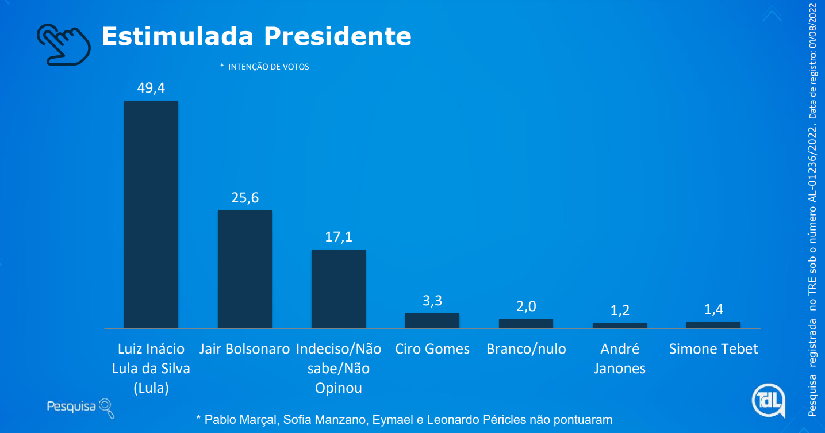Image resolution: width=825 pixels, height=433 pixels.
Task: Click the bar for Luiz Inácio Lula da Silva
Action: (x=151, y=214)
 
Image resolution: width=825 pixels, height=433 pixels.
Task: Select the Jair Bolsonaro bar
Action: (x=245, y=269)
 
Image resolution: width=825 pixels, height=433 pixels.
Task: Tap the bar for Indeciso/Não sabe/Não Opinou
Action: (x=339, y=289)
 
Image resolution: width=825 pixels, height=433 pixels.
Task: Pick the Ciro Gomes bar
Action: (x=432, y=321)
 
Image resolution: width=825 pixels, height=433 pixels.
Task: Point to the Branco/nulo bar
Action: (x=526, y=324)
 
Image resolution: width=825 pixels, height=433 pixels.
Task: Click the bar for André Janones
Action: (x=620, y=325)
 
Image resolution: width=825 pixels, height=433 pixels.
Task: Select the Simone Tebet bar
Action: (x=713, y=325)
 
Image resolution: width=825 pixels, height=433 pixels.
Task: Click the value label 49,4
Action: (x=151, y=88)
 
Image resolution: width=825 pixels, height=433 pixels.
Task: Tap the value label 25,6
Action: (x=245, y=198)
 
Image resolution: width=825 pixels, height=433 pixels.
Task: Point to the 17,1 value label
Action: (x=339, y=236)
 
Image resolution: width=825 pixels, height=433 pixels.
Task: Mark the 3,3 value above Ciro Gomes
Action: (x=432, y=301)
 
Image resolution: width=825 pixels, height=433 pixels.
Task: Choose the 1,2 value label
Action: (x=620, y=311)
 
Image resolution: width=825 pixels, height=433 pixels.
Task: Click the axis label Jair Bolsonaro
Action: (x=245, y=349)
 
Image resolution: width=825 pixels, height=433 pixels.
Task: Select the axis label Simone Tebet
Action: (x=713, y=349)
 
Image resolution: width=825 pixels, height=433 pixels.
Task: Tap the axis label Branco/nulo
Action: (x=526, y=349)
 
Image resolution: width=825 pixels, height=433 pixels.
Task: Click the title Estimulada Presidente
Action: (x=256, y=36)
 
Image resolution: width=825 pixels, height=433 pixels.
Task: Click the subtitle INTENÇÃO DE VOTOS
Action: (x=268, y=67)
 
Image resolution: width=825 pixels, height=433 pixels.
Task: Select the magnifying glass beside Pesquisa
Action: (x=107, y=408)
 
